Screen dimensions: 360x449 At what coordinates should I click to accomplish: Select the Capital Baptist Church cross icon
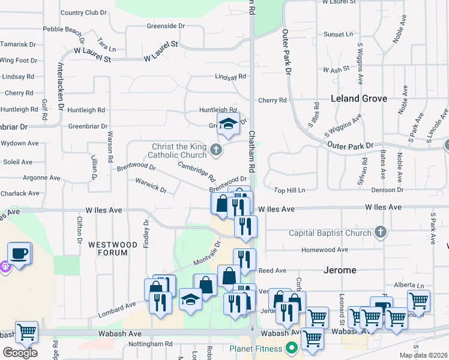pyautogui.click(x=380, y=232)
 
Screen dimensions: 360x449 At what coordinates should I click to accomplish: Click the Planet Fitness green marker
pyautogui.click(x=292, y=348)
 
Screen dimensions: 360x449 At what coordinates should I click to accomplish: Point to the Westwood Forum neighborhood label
pyautogui.click(x=108, y=248)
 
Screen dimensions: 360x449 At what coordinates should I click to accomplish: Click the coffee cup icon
pyautogui.click(x=20, y=253)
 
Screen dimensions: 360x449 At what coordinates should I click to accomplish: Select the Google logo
pyautogui.click(x=20, y=352)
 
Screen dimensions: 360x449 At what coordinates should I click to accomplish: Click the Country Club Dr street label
pyautogui.click(x=83, y=12)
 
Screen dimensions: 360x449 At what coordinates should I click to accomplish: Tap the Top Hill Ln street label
pyautogui.click(x=290, y=190)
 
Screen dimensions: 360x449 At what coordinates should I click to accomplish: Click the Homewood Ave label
pyautogui.click(x=325, y=250)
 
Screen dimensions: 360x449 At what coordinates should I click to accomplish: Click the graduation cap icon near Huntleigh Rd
pyautogui.click(x=228, y=124)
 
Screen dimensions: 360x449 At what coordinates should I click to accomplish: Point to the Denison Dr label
pyautogui.click(x=388, y=190)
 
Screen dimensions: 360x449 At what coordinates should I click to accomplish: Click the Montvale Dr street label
pyautogui.click(x=208, y=255)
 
